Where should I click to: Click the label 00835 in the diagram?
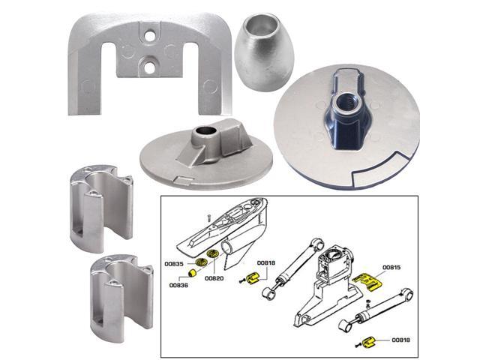coord(174,265)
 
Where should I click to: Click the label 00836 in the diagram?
coord(178,286)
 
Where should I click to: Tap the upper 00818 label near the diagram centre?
coord(266,263)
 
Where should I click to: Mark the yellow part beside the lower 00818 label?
coord(368,343)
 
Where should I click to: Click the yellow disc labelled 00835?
coord(199,262)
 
